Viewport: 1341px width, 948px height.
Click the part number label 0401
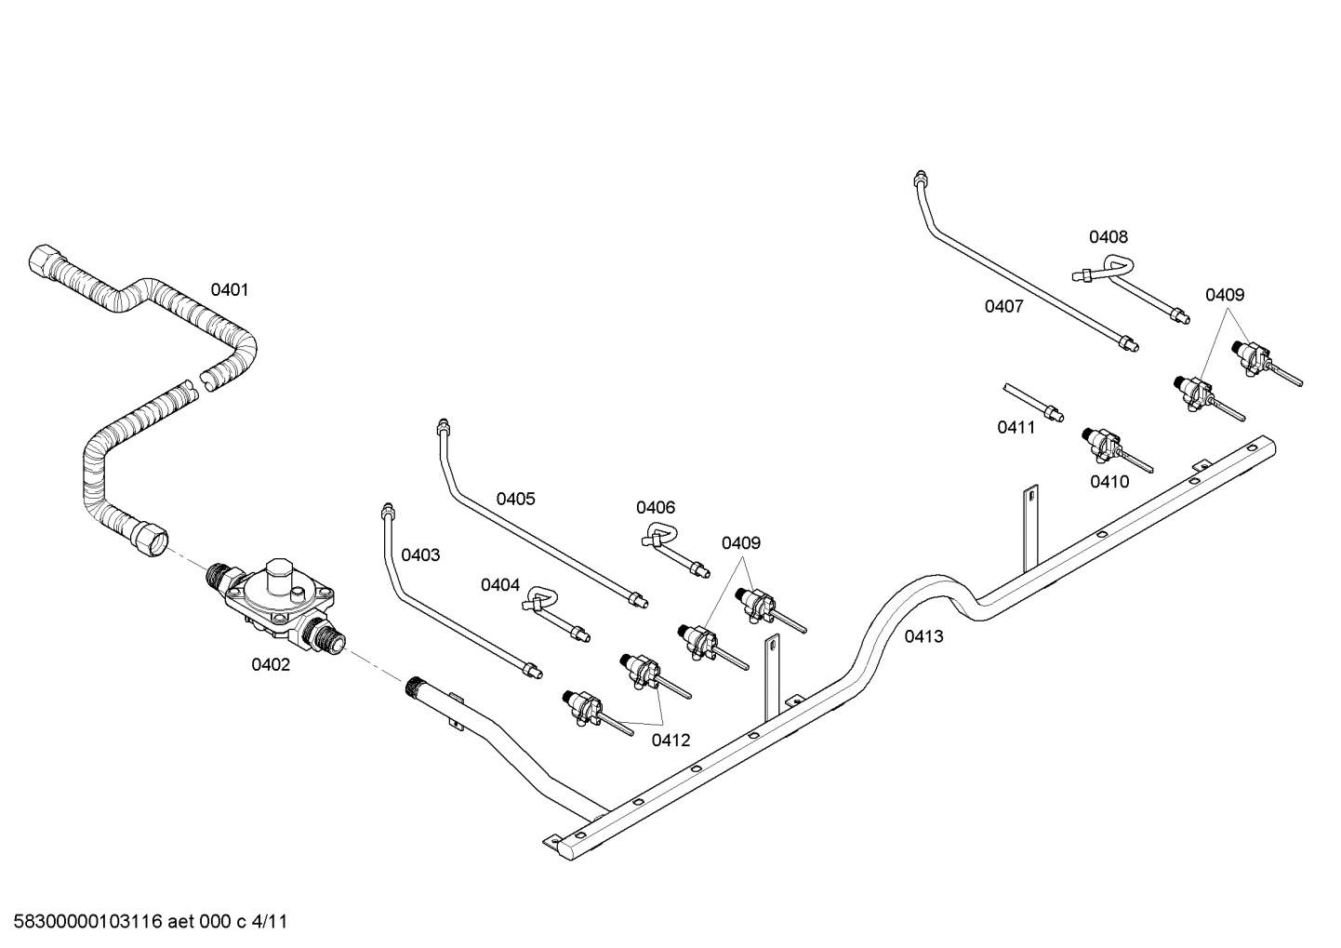pyautogui.click(x=229, y=289)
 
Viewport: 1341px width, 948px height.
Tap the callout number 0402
pyautogui.click(x=271, y=664)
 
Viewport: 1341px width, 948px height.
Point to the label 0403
pyautogui.click(x=420, y=555)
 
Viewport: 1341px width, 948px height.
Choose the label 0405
pyautogui.click(x=515, y=499)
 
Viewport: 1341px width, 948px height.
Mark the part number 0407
pyautogui.click(x=1004, y=306)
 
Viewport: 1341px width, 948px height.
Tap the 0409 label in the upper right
pyautogui.click(x=1225, y=295)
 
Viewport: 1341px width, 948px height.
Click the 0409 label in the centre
pyautogui.click(x=741, y=542)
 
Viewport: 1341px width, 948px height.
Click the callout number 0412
pyautogui.click(x=670, y=740)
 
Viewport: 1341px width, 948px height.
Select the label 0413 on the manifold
pyautogui.click(x=923, y=636)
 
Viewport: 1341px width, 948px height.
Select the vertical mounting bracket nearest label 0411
pyautogui.click(x=1029, y=530)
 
